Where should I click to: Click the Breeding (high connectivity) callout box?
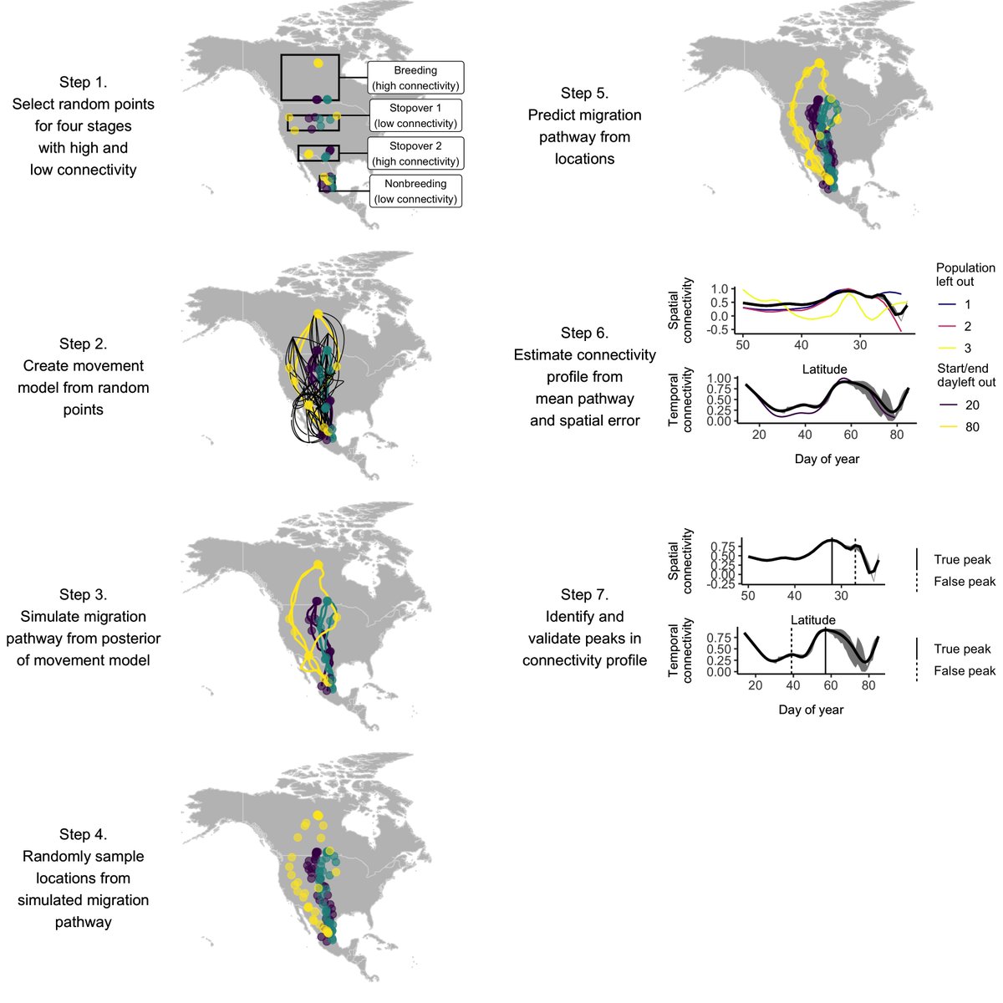pos(415,78)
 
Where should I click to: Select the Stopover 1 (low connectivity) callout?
pos(415,116)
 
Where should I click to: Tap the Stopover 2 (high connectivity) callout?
pos(415,154)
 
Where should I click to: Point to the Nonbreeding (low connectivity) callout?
pos(415,191)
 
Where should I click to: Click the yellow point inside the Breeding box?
pos(318,63)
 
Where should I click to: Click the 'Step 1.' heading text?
pos(83,82)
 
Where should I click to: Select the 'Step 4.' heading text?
pos(83,834)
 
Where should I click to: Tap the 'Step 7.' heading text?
pos(584,594)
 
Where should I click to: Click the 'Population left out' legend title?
pos(965,275)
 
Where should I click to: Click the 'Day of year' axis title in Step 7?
pos(811,710)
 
